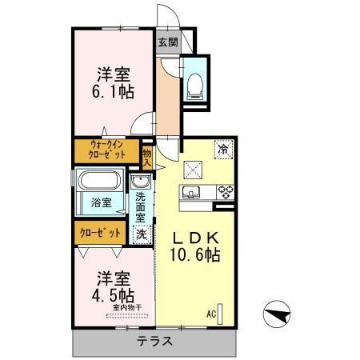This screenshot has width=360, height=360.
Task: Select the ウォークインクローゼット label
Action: (107, 149)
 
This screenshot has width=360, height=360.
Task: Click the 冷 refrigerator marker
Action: (223, 149)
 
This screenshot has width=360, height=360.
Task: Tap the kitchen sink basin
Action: (191, 193)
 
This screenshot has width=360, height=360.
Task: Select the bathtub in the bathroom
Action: (98, 182)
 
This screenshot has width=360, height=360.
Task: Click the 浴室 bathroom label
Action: (101, 203)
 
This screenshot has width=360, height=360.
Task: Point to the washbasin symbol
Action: (141, 182)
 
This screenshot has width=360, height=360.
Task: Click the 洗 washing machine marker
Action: (141, 234)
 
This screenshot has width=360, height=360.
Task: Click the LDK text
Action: (195, 238)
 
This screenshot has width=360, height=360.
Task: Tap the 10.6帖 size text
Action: (195, 257)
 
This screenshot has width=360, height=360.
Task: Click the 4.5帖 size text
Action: (112, 294)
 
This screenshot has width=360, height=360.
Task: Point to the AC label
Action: (211, 313)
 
